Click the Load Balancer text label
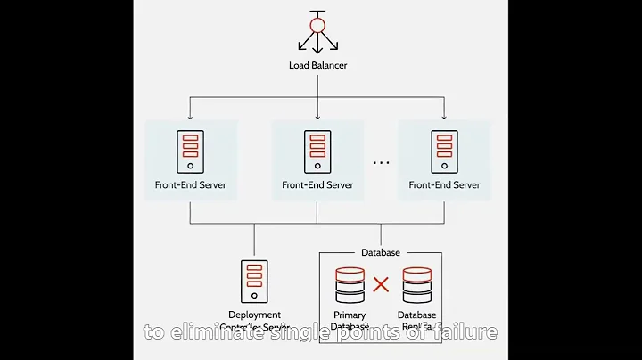(317, 66)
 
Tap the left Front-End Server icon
(191, 151)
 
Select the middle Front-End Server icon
(317, 151)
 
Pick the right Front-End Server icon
(444, 151)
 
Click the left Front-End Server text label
(191, 185)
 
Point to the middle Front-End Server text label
(317, 185)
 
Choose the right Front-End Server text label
(444, 185)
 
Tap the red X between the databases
(381, 285)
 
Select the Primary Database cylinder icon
(350, 285)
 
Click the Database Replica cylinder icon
(416, 285)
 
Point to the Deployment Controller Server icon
(254, 282)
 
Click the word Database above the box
(381, 253)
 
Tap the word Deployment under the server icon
(254, 315)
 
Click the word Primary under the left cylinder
(350, 315)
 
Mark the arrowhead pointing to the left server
(191, 117)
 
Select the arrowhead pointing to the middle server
(317, 117)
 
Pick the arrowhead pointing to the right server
(444, 117)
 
